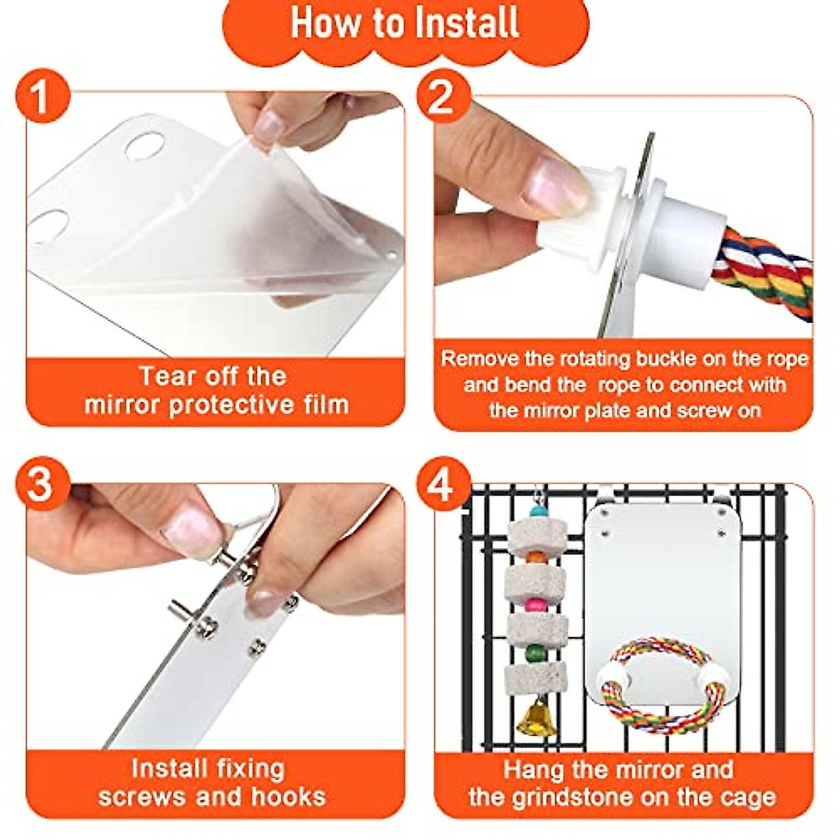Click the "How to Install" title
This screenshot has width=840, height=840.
[x=405, y=23]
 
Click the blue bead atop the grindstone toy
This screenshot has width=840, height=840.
[x=538, y=511]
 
